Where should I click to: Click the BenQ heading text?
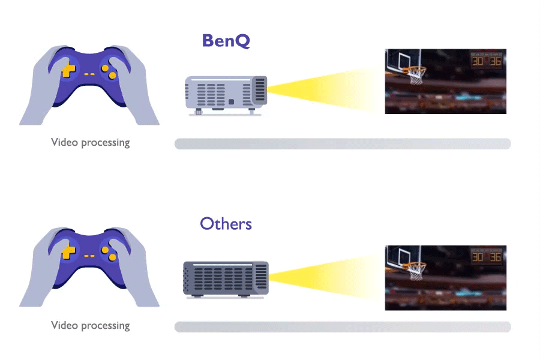[x=226, y=41]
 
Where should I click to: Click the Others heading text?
[x=226, y=224]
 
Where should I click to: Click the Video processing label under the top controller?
[x=90, y=143]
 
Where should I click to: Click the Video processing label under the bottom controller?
[x=90, y=326]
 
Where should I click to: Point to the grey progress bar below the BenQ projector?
[x=342, y=144]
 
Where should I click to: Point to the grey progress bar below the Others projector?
[x=342, y=327]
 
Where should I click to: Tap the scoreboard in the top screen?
[x=486, y=61]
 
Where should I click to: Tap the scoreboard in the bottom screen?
[x=486, y=257]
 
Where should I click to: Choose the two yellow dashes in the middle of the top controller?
[x=89, y=74]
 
